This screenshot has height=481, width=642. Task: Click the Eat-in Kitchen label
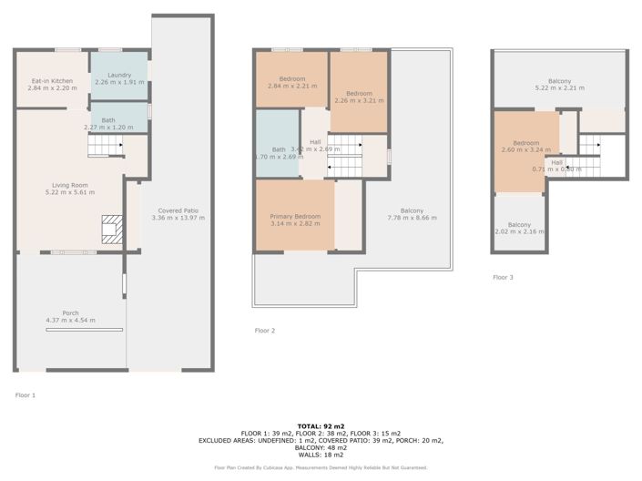[52, 81]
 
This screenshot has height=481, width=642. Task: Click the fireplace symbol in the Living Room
[111, 230]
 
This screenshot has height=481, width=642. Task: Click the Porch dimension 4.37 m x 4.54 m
[70, 320]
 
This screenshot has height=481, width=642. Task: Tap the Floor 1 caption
[25, 395]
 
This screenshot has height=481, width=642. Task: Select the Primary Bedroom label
[293, 216]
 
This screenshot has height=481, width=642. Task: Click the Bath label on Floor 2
[279, 149]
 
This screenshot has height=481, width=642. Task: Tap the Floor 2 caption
[264, 330]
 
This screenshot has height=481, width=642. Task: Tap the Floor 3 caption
[503, 277]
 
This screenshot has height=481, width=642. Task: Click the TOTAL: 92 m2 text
[321, 426]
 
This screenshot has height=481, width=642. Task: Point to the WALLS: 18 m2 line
[321, 455]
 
